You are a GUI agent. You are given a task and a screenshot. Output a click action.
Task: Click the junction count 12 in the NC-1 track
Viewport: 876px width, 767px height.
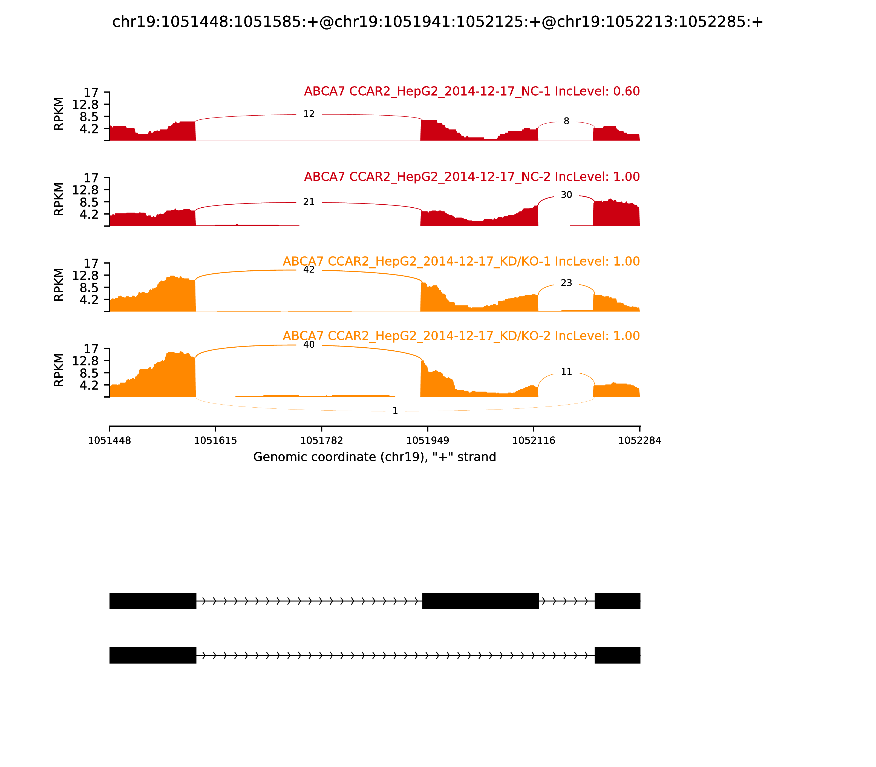[x=309, y=114]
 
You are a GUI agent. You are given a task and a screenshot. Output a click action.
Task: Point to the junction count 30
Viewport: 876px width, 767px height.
[x=566, y=195]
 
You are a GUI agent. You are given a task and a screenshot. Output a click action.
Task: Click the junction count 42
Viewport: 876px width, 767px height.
[x=309, y=270]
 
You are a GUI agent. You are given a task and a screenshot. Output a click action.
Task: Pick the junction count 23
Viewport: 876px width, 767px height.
[x=566, y=283]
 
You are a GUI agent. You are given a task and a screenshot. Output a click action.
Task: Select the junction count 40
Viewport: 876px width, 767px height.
[x=309, y=345]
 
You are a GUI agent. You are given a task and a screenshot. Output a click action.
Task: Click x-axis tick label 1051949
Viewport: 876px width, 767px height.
[x=427, y=441]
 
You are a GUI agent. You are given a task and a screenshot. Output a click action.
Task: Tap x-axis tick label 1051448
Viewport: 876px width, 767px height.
[x=109, y=441]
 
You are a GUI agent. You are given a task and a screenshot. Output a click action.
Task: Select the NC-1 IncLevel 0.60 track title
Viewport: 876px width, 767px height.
[x=471, y=91]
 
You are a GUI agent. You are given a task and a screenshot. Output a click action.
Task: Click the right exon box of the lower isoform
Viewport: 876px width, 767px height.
[x=617, y=655]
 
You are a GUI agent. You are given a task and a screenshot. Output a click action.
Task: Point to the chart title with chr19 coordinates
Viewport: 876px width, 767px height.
[x=437, y=22]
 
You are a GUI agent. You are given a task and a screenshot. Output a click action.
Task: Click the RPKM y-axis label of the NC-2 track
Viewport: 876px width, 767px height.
[x=59, y=199]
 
